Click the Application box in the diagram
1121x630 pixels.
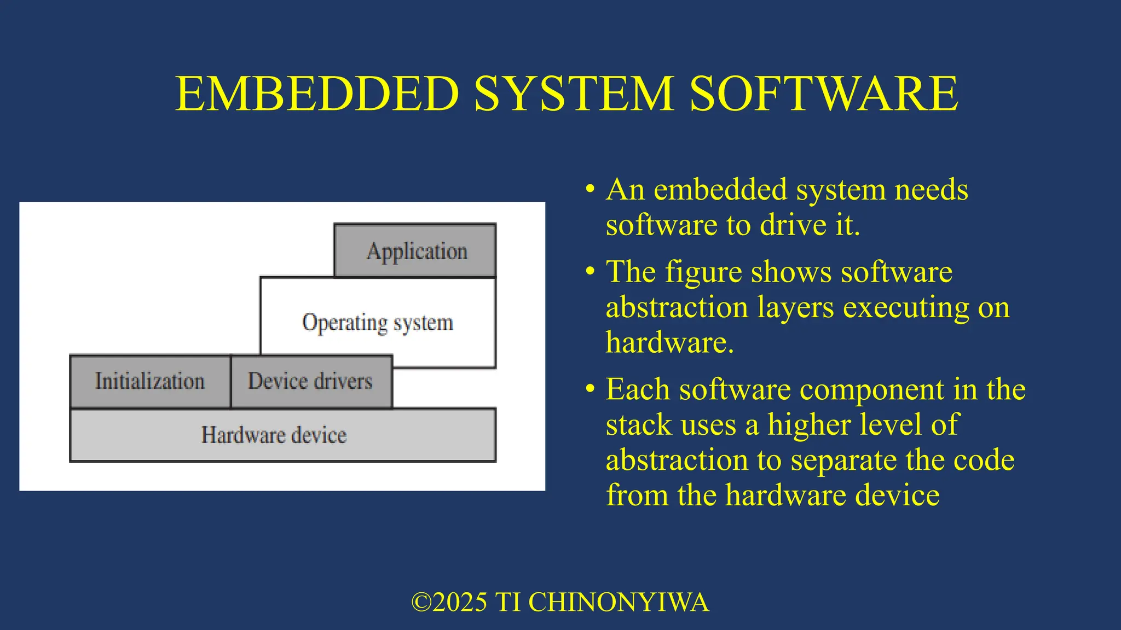pyautogui.click(x=415, y=250)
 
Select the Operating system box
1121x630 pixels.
pyautogui.click(x=378, y=322)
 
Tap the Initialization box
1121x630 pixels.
pyautogui.click(x=150, y=381)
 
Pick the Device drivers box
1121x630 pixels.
pyautogui.click(x=310, y=381)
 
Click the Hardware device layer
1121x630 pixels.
pyautogui.click(x=282, y=435)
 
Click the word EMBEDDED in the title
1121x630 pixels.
pyautogui.click(x=317, y=94)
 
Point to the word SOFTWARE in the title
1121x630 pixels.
pyautogui.click(x=823, y=94)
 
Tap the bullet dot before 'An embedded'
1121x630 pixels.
pyautogui.click(x=590, y=190)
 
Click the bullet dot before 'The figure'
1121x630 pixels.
pyautogui.click(x=590, y=271)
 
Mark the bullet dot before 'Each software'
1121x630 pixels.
pyautogui.click(x=590, y=389)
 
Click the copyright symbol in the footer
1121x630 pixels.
pyautogui.click(x=421, y=602)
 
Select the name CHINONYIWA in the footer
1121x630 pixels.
pyautogui.click(x=619, y=602)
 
